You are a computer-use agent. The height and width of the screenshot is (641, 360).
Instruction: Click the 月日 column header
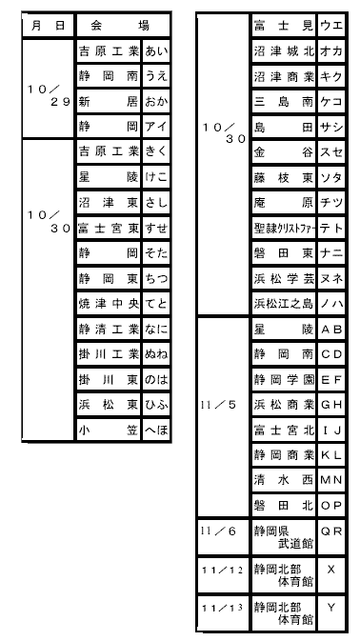[x=49, y=26]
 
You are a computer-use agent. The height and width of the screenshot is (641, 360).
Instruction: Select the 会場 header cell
[x=123, y=26]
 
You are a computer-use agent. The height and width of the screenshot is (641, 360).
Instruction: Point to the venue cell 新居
[x=109, y=101]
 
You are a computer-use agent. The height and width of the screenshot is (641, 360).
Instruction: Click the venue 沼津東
[x=109, y=203]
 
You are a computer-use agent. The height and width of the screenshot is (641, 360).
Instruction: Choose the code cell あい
[x=156, y=51]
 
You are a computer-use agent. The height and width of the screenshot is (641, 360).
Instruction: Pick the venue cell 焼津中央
[x=109, y=304]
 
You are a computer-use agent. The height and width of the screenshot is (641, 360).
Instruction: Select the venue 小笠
[x=109, y=430]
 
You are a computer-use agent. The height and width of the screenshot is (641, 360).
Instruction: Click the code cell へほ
[x=156, y=430]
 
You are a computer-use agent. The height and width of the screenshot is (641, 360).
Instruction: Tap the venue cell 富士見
[x=284, y=26]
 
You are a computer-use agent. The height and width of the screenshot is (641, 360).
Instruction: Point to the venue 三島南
[x=284, y=101]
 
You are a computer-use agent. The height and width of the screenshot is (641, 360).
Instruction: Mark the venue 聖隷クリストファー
[x=284, y=228]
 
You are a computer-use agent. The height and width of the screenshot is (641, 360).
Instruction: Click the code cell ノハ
[x=331, y=303]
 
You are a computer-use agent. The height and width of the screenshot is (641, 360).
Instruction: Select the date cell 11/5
[x=223, y=416]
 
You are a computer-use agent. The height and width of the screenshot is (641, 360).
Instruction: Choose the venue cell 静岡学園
[x=284, y=379]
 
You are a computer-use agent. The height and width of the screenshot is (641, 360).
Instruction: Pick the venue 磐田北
[x=284, y=506]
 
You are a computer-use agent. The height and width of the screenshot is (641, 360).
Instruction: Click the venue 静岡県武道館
[x=284, y=537]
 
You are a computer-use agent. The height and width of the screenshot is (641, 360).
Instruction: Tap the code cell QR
[x=331, y=537]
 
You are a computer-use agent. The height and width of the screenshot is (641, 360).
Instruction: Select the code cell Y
[x=331, y=612]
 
